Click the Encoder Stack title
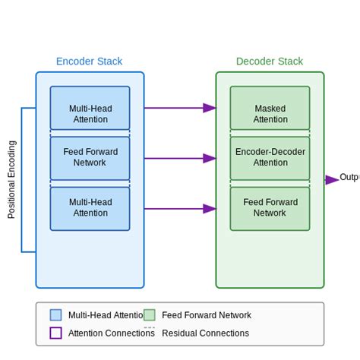pos(89,62)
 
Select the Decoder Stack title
pos(269,62)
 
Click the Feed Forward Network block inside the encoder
pos(90,158)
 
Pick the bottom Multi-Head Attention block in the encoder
pos(90,208)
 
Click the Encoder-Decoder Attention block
pos(270,158)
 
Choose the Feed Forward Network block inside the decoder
pos(270,208)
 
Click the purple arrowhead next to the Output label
pos(332,180)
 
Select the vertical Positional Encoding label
pos(11,179)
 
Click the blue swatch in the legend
pos(55,315)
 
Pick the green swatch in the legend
pos(149,315)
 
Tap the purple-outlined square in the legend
pos(55,333)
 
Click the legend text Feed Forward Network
pos(206,315)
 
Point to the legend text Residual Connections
pos(205,333)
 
